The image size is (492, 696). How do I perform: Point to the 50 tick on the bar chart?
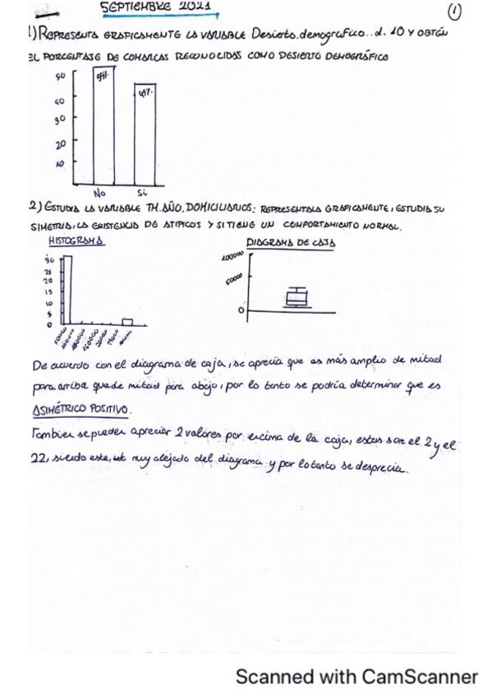[60, 78]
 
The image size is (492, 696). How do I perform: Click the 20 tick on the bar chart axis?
[60, 144]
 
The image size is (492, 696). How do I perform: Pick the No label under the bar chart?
[101, 193]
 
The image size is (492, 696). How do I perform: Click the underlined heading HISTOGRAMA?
[75, 242]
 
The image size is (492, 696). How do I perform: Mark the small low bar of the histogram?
[127, 321]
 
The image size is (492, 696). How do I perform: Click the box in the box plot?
[296, 297]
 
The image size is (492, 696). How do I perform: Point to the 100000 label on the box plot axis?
[234, 257]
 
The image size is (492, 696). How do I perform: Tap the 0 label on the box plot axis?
[241, 311]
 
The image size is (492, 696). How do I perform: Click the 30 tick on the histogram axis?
[48, 259]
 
